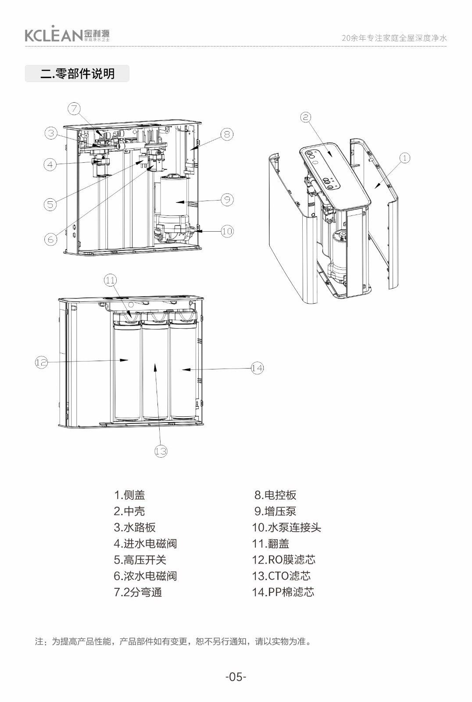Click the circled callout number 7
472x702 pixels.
pyautogui.click(x=74, y=109)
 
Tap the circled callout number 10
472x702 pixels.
pyautogui.click(x=227, y=231)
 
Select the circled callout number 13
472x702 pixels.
pyautogui.click(x=161, y=451)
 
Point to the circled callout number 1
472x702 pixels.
pyautogui.click(x=404, y=158)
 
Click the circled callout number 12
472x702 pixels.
pyautogui.click(x=41, y=362)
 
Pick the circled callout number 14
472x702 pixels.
pyautogui.click(x=257, y=368)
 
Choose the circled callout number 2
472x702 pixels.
pyautogui.click(x=306, y=117)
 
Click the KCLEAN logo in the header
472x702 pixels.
pyautogui.click(x=67, y=34)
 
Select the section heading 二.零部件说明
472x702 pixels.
pyautogui.click(x=77, y=74)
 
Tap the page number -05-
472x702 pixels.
pyautogui.click(x=236, y=677)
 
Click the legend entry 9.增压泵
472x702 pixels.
pyautogui.click(x=275, y=511)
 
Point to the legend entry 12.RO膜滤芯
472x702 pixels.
pyautogui.click(x=283, y=560)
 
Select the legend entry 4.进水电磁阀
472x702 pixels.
pyautogui.click(x=145, y=544)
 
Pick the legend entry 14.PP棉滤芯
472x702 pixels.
pyautogui.click(x=283, y=592)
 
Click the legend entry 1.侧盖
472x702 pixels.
pyautogui.click(x=129, y=495)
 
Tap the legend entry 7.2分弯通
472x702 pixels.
pyautogui.click(x=138, y=592)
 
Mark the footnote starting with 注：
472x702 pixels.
pyautogui.click(x=174, y=641)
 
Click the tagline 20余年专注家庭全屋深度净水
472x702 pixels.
pyautogui.click(x=394, y=38)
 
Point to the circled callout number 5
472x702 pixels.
pyautogui.click(x=50, y=204)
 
